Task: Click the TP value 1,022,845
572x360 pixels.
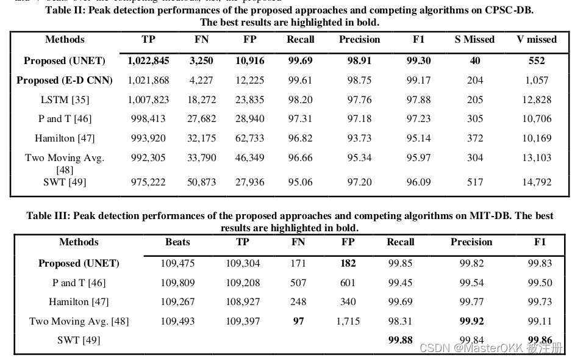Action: tap(148, 60)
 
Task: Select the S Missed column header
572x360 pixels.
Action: tap(474, 40)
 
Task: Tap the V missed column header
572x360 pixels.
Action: tap(536, 40)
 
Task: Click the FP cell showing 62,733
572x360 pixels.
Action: tap(249, 139)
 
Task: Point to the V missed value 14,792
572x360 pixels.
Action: tap(536, 182)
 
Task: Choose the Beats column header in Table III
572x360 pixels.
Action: tap(177, 242)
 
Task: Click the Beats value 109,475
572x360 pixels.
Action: tap(177, 264)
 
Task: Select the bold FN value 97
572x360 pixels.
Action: tap(298, 321)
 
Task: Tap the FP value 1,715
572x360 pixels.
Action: tap(348, 321)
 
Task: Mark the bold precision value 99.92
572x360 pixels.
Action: tap(471, 321)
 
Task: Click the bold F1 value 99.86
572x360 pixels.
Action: tap(540, 340)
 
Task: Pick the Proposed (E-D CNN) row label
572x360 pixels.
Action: tap(65, 80)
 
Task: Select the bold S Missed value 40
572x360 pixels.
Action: tap(474, 60)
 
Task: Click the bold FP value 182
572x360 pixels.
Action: tap(348, 264)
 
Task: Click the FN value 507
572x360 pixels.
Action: tap(298, 283)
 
